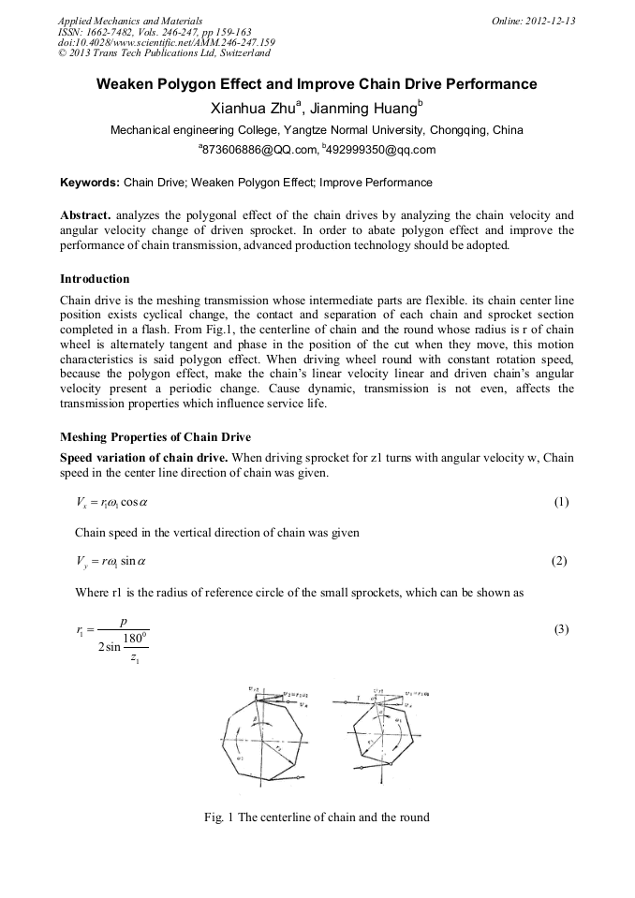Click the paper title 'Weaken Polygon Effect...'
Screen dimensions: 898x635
pos(317,84)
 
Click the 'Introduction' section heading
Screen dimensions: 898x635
pos(95,279)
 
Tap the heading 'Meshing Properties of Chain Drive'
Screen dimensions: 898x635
pos(155,437)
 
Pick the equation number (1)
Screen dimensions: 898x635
pos(561,502)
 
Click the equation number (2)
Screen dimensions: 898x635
pos(561,561)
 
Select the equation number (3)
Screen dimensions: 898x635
pos(561,629)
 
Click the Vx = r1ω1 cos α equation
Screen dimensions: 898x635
pos(111,502)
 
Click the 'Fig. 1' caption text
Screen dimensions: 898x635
pos(317,817)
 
